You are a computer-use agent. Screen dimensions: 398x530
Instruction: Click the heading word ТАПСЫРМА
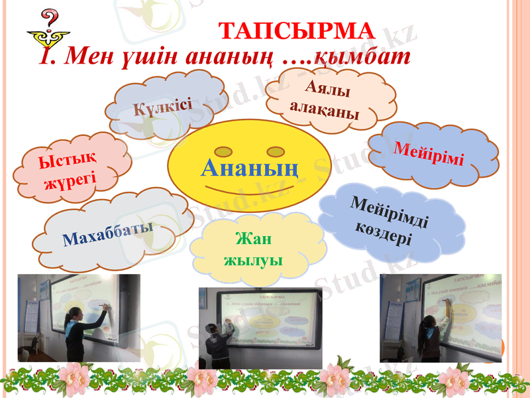coord(297,31)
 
